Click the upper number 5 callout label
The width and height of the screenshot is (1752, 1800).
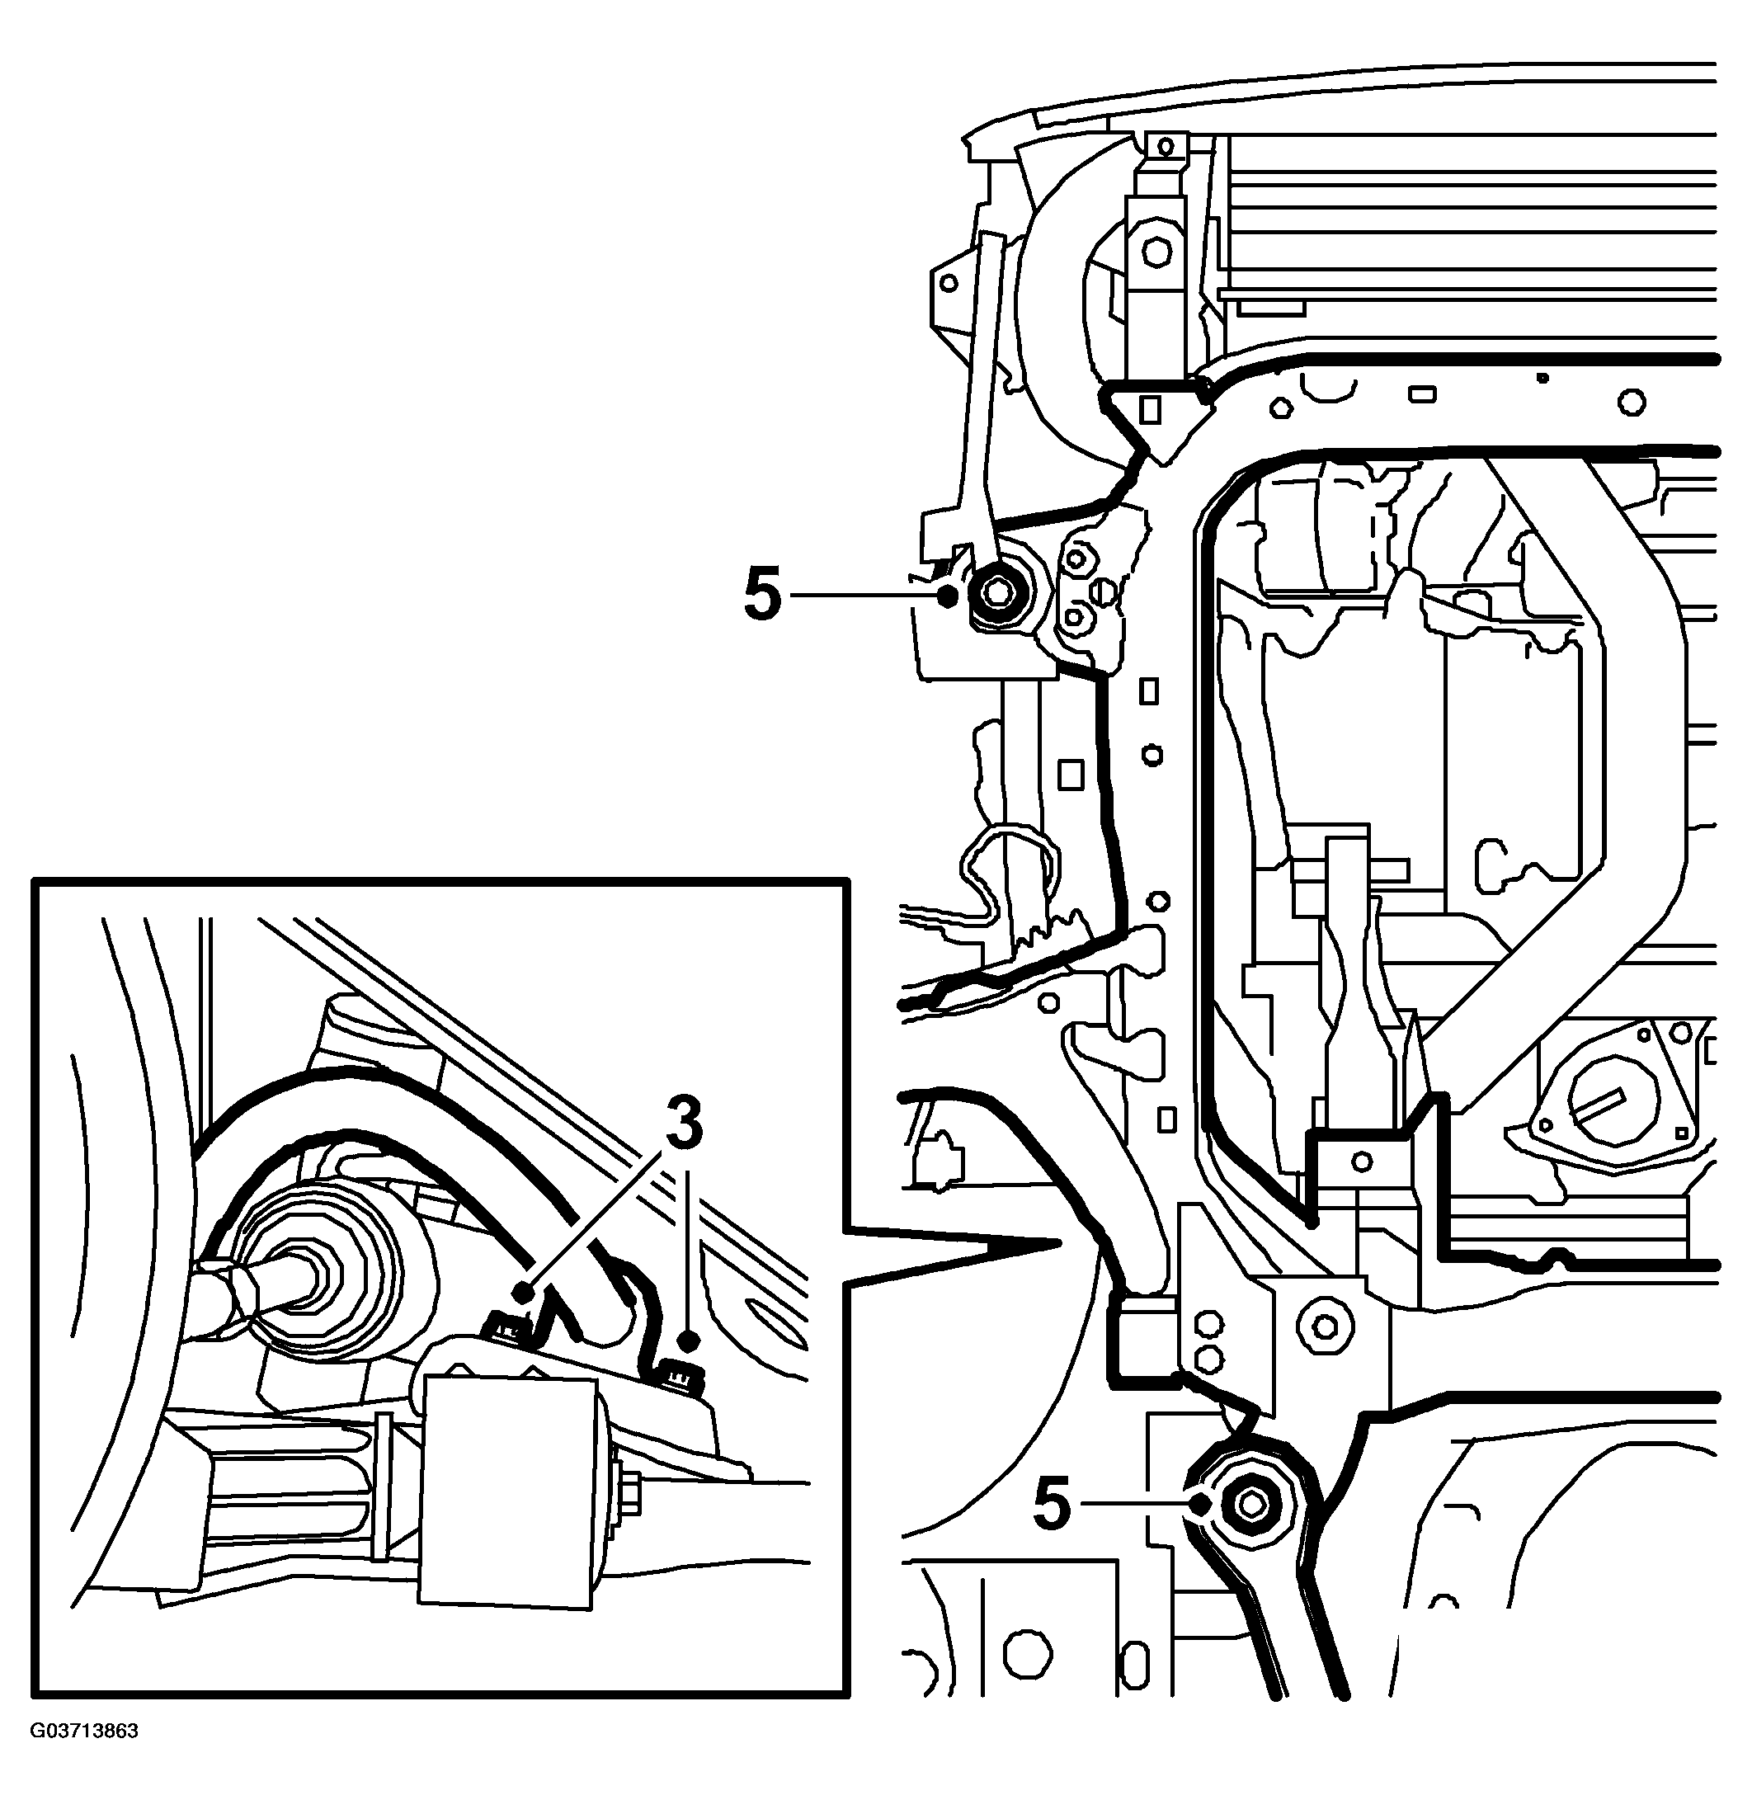[762, 595]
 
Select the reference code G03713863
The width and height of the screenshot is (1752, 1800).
[85, 1731]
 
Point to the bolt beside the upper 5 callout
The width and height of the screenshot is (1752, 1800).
[999, 595]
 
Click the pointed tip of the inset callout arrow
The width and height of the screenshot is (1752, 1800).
[1060, 1244]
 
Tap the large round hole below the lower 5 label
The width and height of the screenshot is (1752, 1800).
[1027, 1654]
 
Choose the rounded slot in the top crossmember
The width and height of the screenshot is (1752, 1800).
[1422, 393]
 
